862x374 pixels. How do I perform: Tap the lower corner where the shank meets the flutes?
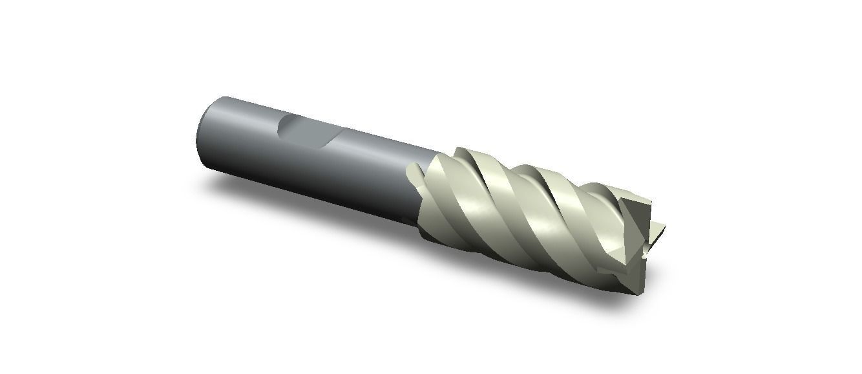pyautogui.click(x=420, y=223)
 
